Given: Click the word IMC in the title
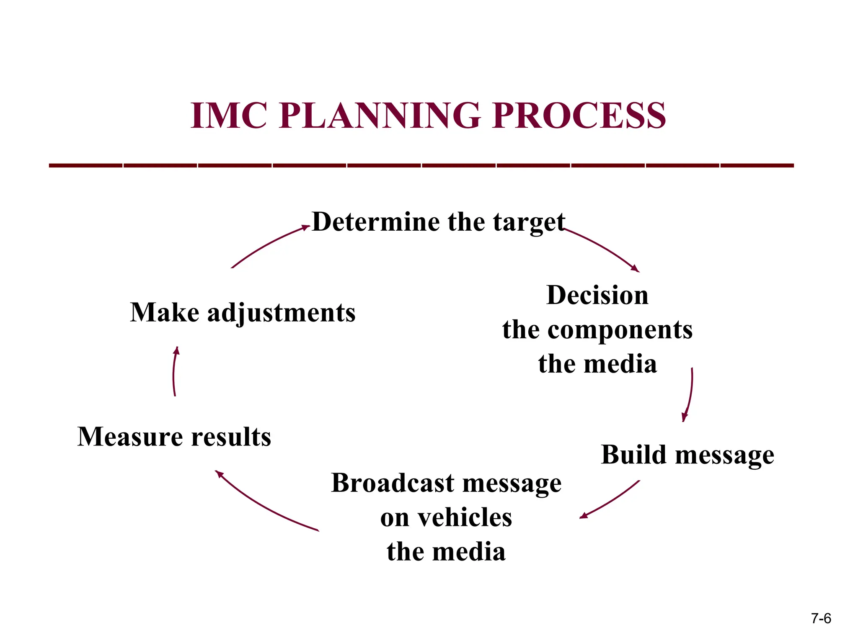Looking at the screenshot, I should click(x=229, y=116).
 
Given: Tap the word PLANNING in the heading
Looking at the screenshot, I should click(x=380, y=116).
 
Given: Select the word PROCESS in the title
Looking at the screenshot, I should click(x=579, y=116).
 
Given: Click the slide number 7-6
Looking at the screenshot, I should click(x=821, y=619).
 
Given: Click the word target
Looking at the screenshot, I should click(x=529, y=222).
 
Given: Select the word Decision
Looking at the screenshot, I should click(x=597, y=295).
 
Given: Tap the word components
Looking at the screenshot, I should click(x=620, y=330).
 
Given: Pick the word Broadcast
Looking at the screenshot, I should click(x=393, y=483).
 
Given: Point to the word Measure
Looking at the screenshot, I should click(x=130, y=437).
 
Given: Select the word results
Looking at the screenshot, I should click(x=231, y=437).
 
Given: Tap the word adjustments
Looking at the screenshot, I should click(x=282, y=313).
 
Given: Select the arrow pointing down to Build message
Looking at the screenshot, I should click(x=690, y=394).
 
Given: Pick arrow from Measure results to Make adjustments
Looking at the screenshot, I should click(x=174, y=370).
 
